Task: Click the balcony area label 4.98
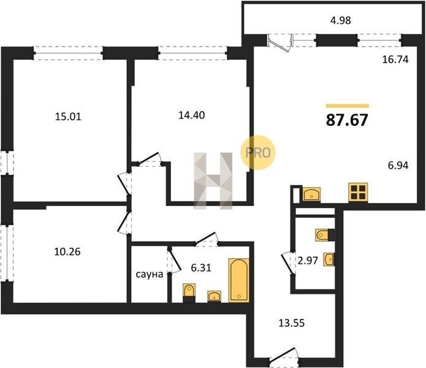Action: [x=340, y=20]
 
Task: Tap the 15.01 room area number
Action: [x=68, y=117]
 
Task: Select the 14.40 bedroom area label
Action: [x=191, y=115]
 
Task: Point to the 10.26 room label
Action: [x=67, y=251]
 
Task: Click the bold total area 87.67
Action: [x=347, y=120]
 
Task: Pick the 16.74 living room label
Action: [x=395, y=59]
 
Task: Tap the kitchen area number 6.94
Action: [x=398, y=165]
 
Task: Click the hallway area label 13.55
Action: [x=292, y=323]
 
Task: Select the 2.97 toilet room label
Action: [x=308, y=261]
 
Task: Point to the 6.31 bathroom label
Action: [x=201, y=268]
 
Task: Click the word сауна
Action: [x=150, y=275]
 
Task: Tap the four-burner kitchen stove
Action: [x=358, y=192]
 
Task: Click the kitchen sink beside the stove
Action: [x=311, y=194]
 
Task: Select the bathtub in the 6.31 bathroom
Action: [x=239, y=280]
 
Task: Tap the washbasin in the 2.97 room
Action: [x=329, y=259]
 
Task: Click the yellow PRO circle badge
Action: [x=258, y=153]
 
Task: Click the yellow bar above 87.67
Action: [x=348, y=106]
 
